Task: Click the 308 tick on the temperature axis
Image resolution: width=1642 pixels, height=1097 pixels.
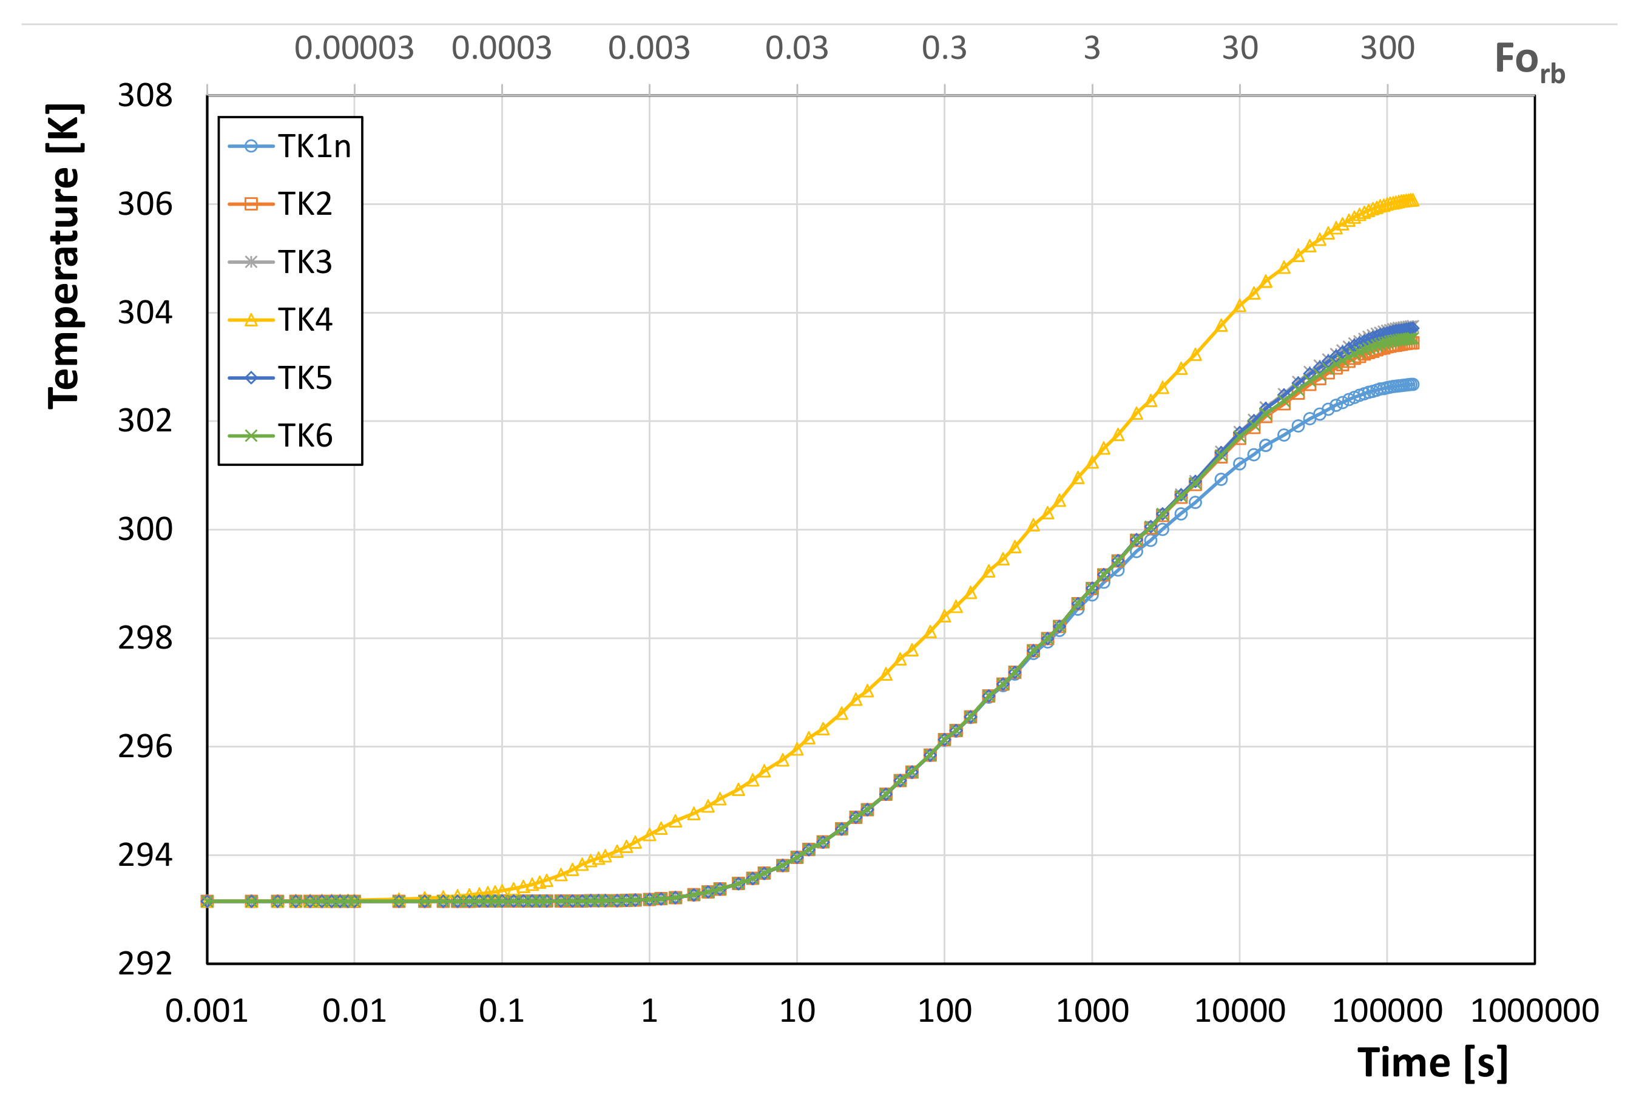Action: [x=145, y=96]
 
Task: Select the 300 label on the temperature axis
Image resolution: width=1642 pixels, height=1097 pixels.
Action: [x=145, y=530]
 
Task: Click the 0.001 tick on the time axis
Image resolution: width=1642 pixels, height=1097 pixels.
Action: [x=206, y=1011]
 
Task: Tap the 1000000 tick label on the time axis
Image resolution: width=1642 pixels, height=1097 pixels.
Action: [x=1534, y=1011]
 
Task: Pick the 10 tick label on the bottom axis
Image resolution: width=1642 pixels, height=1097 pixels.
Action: [x=797, y=1011]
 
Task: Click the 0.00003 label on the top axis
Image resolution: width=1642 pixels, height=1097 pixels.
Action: [x=354, y=49]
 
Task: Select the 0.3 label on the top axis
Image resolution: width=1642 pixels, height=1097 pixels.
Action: [x=944, y=49]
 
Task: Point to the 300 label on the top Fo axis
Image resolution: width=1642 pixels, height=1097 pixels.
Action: [x=1387, y=49]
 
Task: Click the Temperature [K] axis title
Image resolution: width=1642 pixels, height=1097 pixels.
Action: [x=65, y=256]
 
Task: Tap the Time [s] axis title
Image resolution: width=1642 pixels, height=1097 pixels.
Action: [x=1432, y=1063]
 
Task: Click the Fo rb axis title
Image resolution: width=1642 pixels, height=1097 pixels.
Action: [x=1529, y=61]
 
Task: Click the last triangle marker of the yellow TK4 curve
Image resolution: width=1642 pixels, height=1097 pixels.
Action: [x=1413, y=201]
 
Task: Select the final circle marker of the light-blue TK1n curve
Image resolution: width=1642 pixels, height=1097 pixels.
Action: [x=1413, y=384]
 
